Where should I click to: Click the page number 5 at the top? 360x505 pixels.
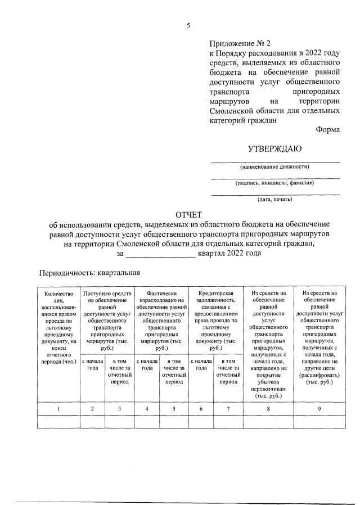click(x=189, y=25)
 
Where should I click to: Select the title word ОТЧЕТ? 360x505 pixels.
click(x=189, y=215)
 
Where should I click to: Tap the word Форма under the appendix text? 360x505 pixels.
click(x=328, y=129)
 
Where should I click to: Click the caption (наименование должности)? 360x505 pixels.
click(x=274, y=166)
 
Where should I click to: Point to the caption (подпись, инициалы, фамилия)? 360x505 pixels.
click(x=274, y=183)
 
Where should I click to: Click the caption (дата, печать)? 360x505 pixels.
click(x=274, y=199)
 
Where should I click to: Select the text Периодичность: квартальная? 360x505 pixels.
click(x=88, y=273)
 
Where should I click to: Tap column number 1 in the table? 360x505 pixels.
click(x=58, y=409)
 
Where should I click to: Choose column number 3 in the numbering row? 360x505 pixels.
click(x=120, y=409)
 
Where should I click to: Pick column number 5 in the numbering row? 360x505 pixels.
click(x=173, y=409)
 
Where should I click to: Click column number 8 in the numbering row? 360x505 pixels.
click(x=268, y=409)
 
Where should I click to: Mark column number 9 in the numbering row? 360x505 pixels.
click(x=319, y=409)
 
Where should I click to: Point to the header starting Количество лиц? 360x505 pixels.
click(x=58, y=328)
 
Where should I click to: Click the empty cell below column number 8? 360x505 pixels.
click(x=268, y=421)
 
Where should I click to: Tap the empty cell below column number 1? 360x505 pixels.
click(x=58, y=421)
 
